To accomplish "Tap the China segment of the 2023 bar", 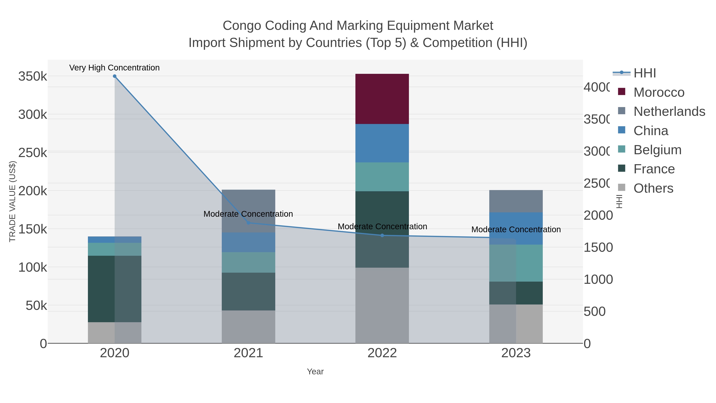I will pos(516,228).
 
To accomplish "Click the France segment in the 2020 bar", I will pos(115,289).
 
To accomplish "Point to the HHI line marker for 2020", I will pos(115,76).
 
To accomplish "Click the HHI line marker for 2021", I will pos(248,223).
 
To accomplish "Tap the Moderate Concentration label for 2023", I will pos(516,229).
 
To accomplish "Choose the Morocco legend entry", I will pos(659,92).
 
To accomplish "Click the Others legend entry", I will pos(653,188).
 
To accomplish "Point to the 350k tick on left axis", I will pos(33,76).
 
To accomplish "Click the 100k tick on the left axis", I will pos(33,267).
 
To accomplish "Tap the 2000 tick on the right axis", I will pos(598,216).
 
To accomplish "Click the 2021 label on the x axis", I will pos(248,353).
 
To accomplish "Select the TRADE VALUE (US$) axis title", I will pos(13,201).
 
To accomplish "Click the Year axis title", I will pos(315,372).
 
